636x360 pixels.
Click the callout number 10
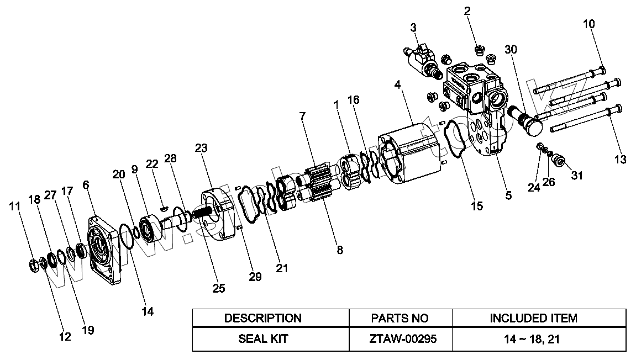click(589, 24)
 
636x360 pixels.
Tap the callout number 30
click(511, 50)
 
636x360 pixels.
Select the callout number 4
click(397, 84)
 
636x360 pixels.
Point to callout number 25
click(219, 288)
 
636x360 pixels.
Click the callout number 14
click(148, 311)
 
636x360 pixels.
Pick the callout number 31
click(577, 175)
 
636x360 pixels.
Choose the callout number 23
click(201, 148)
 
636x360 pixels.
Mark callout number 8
click(340, 250)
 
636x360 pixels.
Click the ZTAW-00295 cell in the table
click(400, 339)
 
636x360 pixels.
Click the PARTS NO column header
click(400, 318)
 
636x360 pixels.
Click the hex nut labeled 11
click(35, 266)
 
